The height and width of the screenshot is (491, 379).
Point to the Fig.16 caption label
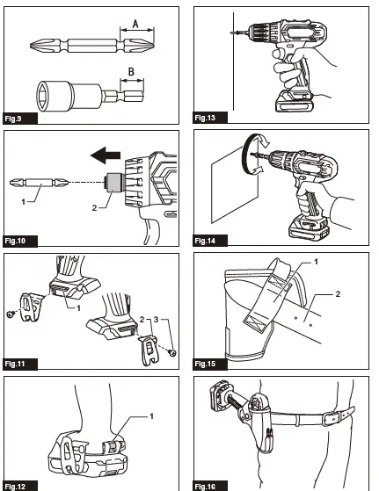tap(206, 485)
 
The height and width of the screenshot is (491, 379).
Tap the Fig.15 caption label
tap(206, 363)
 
